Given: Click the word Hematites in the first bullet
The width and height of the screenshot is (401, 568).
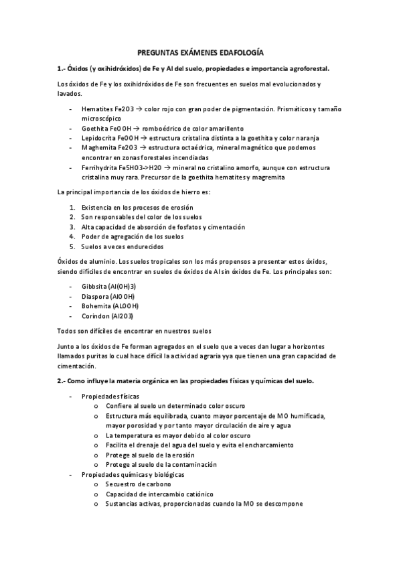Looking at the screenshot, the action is [97, 108].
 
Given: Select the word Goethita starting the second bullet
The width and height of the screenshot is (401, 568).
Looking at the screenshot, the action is [96, 128].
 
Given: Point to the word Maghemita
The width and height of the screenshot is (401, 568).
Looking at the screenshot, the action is [98, 147].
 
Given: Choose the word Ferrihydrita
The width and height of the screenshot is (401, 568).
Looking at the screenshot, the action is [100, 167].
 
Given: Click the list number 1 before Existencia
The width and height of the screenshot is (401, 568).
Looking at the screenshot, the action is [72, 208].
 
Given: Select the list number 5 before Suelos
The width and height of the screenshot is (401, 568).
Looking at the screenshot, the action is [72, 246].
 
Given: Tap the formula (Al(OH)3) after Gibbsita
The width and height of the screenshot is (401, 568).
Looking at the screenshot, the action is [123, 286].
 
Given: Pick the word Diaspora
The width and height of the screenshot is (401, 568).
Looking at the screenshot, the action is [96, 295].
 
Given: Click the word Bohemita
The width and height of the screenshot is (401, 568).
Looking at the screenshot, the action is [97, 305].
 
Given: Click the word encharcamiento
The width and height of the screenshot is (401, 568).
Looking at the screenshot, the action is [252, 445].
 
